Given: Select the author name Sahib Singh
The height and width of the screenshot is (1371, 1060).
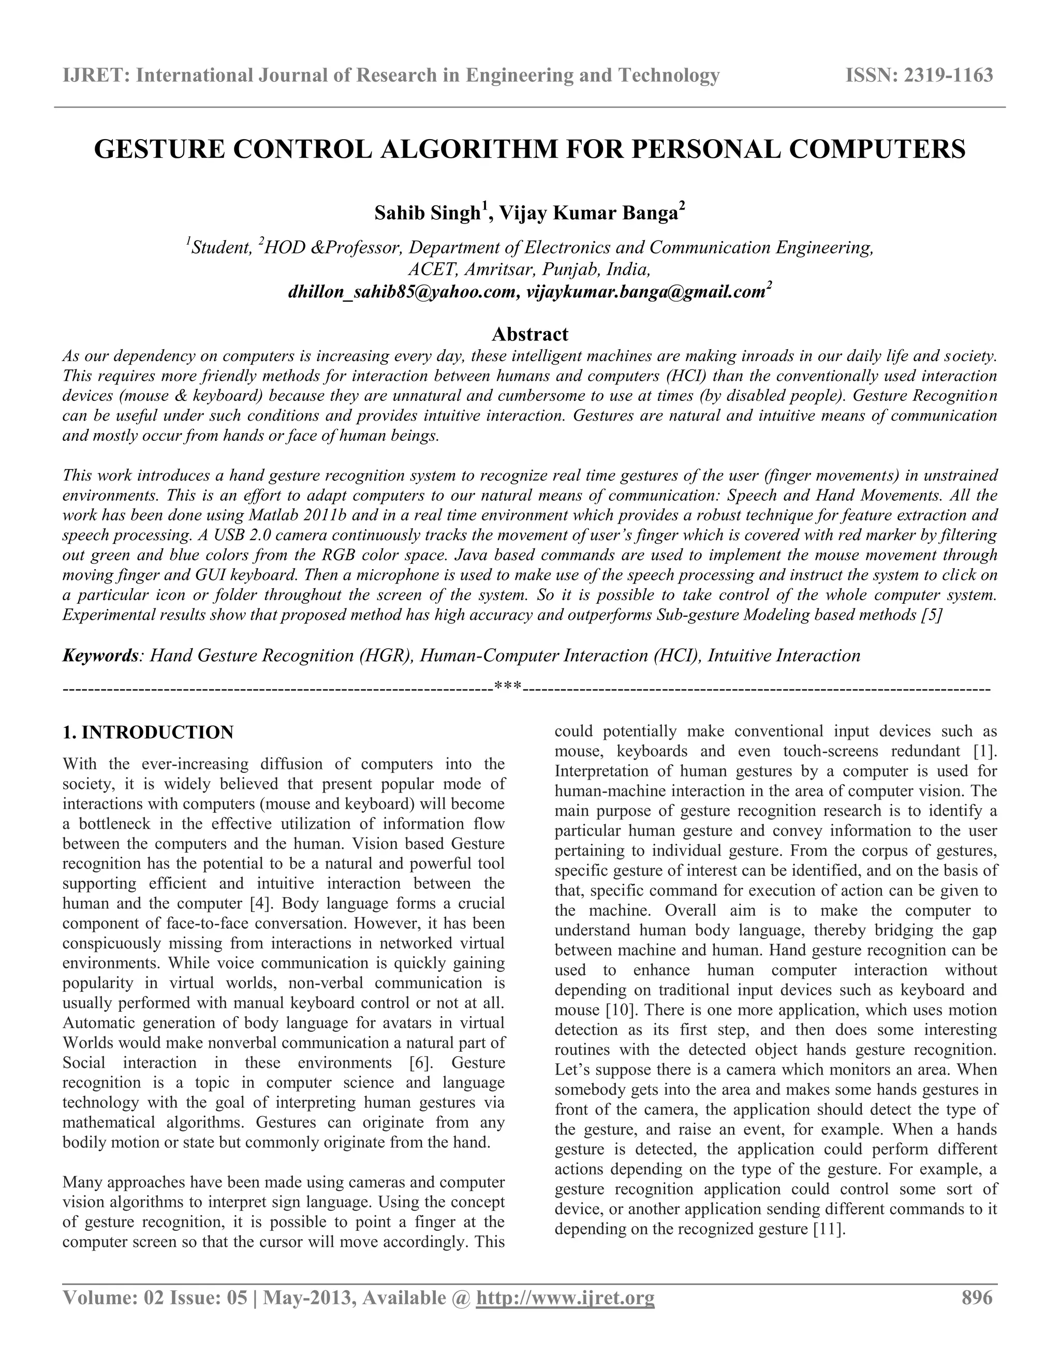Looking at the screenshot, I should point(427,214).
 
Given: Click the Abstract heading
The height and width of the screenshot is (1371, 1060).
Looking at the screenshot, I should point(529,333).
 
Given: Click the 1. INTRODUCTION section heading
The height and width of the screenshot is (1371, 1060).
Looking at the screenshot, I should point(148,733).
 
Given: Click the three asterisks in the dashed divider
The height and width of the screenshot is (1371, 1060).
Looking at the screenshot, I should point(507,688).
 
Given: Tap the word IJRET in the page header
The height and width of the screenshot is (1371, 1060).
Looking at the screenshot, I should point(94,76).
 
